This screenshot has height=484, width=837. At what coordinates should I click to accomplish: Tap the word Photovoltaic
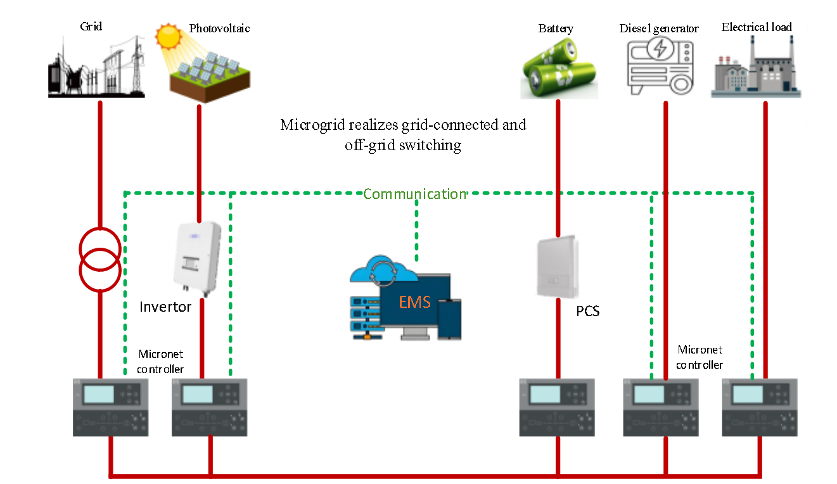tap(219, 29)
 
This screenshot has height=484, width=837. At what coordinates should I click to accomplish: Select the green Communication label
tap(414, 194)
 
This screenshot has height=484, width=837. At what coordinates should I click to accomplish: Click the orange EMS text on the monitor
tap(414, 302)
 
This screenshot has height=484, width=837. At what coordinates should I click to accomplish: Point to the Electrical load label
tap(757, 27)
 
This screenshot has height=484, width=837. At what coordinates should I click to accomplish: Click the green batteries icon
tap(559, 68)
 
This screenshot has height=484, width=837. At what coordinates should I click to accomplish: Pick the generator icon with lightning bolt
tap(660, 68)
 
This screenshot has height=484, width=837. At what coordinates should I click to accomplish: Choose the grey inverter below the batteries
tap(561, 267)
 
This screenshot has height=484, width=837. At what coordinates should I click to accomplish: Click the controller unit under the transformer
tap(111, 407)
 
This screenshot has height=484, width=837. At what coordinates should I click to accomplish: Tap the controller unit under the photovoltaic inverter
tap(209, 407)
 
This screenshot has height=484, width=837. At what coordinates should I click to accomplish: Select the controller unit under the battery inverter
tap(557, 407)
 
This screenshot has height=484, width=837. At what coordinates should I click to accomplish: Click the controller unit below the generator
tap(661, 407)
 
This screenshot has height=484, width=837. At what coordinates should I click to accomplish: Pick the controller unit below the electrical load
tap(760, 407)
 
